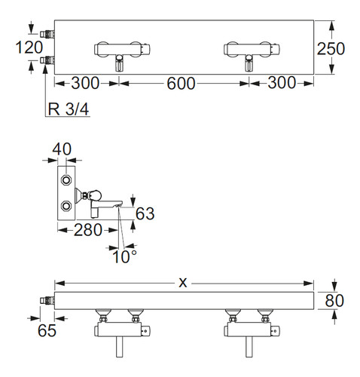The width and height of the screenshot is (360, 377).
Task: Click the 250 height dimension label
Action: pos(331,48)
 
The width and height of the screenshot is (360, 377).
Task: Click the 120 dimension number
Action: pos(29,48)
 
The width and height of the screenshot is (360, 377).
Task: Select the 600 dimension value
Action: pos(181,84)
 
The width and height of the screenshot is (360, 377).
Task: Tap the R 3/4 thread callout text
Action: pos(69,109)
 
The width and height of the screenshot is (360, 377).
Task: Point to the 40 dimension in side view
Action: pos(62,149)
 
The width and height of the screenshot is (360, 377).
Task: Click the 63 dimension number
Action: pos(145,213)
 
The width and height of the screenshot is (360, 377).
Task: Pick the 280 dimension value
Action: pos(88,230)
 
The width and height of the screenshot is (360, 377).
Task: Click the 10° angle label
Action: pos(124,256)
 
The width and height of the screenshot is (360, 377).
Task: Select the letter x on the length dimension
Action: pos(183,283)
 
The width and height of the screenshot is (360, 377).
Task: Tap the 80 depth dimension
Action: pos(334,300)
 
